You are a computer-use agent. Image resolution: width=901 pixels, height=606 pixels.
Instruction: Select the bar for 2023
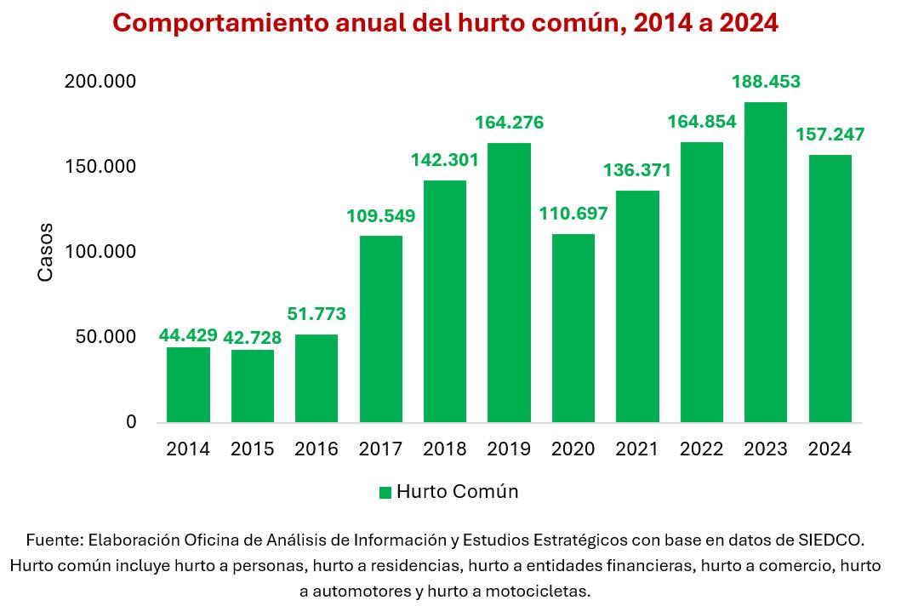(766, 262)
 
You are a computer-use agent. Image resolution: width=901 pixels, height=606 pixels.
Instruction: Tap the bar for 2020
(573, 328)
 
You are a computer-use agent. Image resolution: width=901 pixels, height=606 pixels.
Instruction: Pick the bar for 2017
(380, 329)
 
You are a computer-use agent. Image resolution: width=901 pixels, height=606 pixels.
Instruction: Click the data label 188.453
(766, 83)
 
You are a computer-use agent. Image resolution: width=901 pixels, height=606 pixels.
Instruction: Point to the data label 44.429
(188, 334)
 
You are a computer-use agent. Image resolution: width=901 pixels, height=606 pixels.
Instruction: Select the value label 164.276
(509, 123)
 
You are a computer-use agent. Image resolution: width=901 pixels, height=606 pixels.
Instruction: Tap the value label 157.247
(830, 134)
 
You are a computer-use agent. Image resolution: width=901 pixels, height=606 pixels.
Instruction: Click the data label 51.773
(316, 314)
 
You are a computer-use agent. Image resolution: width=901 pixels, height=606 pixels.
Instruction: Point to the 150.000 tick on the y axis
(100, 167)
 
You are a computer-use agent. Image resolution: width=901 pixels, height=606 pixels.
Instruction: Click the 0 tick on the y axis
(130, 422)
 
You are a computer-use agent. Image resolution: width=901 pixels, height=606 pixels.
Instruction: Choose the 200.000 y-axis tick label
(100, 82)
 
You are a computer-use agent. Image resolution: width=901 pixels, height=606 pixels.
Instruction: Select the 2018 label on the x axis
(444, 449)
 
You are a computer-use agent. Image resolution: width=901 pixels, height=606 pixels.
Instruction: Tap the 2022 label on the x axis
(701, 449)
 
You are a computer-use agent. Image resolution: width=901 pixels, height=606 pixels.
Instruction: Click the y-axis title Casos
(46, 252)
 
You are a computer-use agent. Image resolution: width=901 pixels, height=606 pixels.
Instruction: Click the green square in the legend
(385, 493)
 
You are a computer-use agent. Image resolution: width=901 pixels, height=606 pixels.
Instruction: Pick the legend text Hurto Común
(457, 492)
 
